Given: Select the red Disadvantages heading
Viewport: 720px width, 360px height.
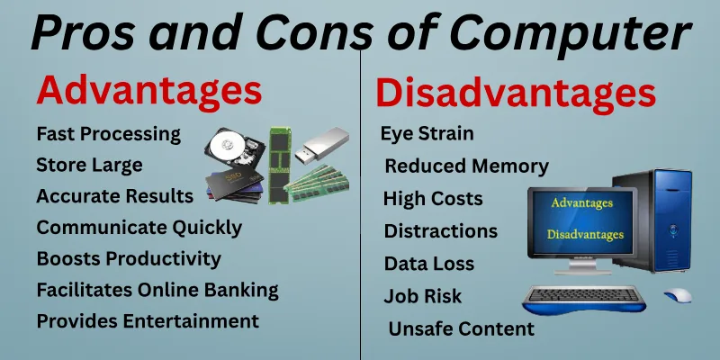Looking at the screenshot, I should (x=515, y=94).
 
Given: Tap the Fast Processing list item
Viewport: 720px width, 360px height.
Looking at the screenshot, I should (x=108, y=134).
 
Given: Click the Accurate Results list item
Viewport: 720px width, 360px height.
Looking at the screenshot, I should (x=114, y=196).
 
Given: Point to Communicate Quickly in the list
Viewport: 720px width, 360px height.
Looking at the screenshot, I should (x=139, y=227).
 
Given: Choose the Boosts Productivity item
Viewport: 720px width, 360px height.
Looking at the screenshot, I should (x=129, y=258).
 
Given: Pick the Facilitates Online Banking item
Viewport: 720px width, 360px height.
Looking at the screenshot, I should (x=157, y=290).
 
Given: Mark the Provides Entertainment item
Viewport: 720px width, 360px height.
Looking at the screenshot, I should (x=148, y=320).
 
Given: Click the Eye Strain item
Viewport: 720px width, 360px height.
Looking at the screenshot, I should (x=427, y=134).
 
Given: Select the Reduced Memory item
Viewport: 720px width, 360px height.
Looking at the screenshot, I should (x=466, y=166).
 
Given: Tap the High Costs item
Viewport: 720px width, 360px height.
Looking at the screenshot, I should (x=433, y=199).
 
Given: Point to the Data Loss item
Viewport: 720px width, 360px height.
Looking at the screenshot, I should (x=429, y=265).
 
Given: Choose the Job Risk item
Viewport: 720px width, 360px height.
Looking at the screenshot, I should (x=422, y=296).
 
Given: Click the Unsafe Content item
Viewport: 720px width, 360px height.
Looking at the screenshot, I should (x=461, y=328).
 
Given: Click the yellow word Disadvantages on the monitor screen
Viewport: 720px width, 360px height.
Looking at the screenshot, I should (x=584, y=235).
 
